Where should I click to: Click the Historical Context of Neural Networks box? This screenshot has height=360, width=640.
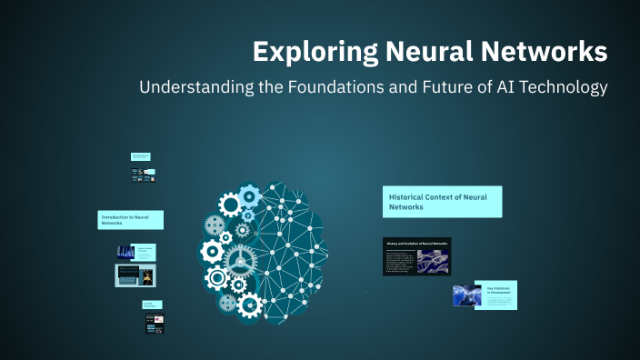442,202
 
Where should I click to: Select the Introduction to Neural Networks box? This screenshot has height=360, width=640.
131,220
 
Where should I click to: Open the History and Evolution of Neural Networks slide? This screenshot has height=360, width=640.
416,256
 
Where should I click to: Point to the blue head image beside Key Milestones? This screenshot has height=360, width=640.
467,295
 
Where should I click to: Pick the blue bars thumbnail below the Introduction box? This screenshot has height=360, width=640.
125,252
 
